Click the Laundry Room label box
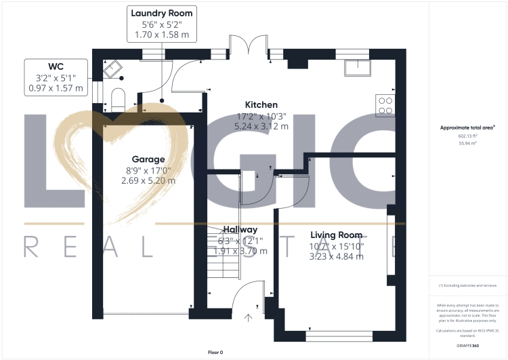coord(161,23)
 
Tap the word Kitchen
coord(261,105)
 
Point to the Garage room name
coord(148,160)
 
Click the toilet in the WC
coord(117,98)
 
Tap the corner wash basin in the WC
coord(111,68)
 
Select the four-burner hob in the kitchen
coord(385,104)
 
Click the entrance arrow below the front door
coord(248,316)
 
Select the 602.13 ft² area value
coord(467,136)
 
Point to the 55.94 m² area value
coord(467,143)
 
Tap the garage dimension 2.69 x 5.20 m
coord(148,180)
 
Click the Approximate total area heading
coord(467,127)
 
